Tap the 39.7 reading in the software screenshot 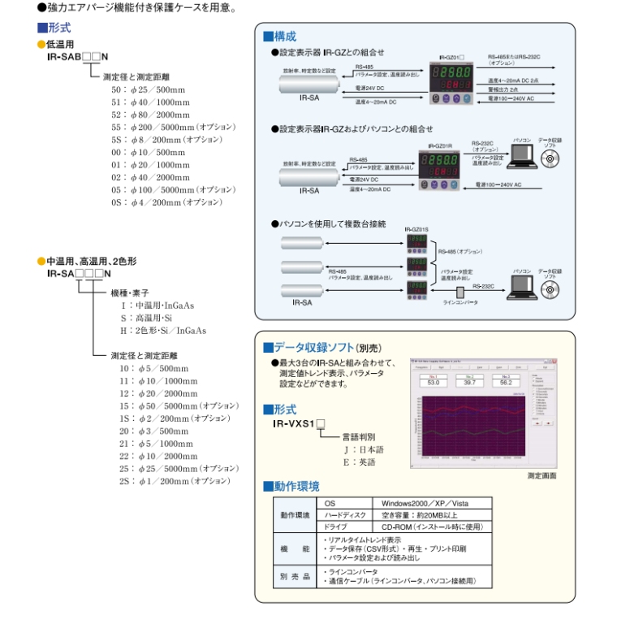tap(469, 382)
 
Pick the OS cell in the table tap(330, 504)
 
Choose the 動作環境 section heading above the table tap(292, 487)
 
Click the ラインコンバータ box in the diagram tap(460, 291)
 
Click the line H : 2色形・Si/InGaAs tap(163, 331)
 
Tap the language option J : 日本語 tap(364, 449)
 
